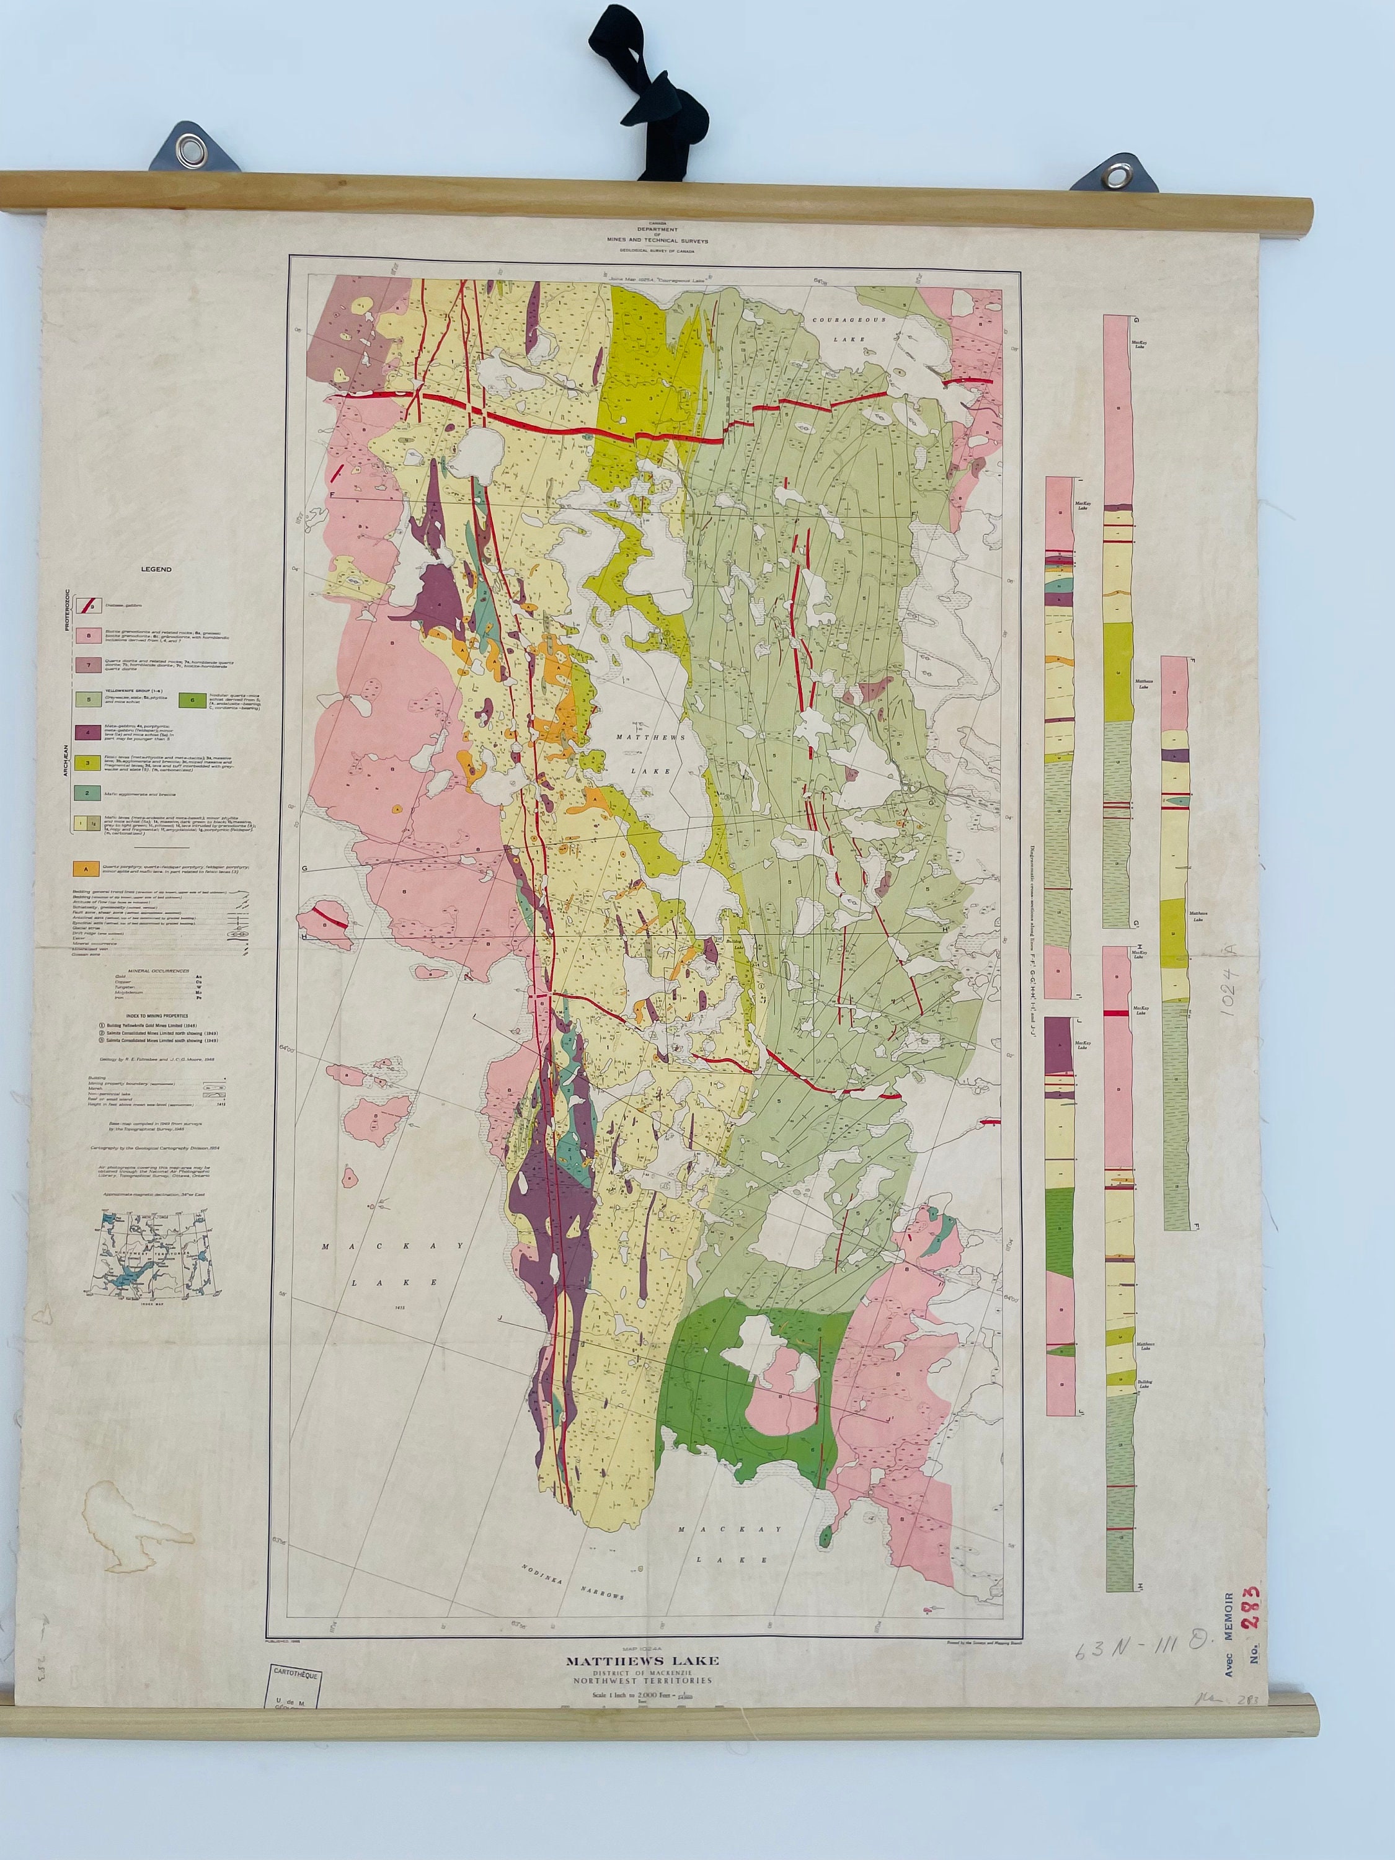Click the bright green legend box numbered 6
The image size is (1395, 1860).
[x=193, y=699]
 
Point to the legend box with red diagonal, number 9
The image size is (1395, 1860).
[x=88, y=604]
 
